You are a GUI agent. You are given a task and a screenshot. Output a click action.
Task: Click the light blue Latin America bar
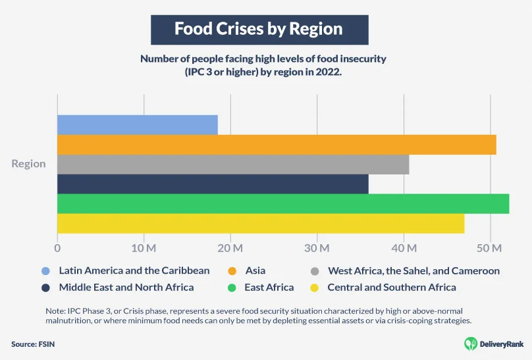(x=137, y=124)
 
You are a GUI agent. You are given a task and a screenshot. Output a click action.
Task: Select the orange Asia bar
(x=277, y=144)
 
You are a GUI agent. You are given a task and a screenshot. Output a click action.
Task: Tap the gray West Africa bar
(x=233, y=164)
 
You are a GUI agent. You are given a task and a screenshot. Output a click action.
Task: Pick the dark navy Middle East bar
(x=213, y=184)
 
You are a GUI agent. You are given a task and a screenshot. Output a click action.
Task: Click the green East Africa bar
(x=283, y=203)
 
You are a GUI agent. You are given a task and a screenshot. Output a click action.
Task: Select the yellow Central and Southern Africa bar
(x=261, y=223)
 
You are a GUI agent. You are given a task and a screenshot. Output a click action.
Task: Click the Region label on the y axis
(x=28, y=164)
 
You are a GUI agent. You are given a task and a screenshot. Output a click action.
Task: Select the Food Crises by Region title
(x=258, y=29)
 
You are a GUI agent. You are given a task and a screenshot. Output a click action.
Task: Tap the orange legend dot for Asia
(x=231, y=271)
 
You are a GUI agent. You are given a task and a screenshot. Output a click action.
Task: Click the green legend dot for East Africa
(x=231, y=288)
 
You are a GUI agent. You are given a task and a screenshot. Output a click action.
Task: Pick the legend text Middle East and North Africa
(x=126, y=288)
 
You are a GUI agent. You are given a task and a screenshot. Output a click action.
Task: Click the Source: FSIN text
(x=32, y=344)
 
